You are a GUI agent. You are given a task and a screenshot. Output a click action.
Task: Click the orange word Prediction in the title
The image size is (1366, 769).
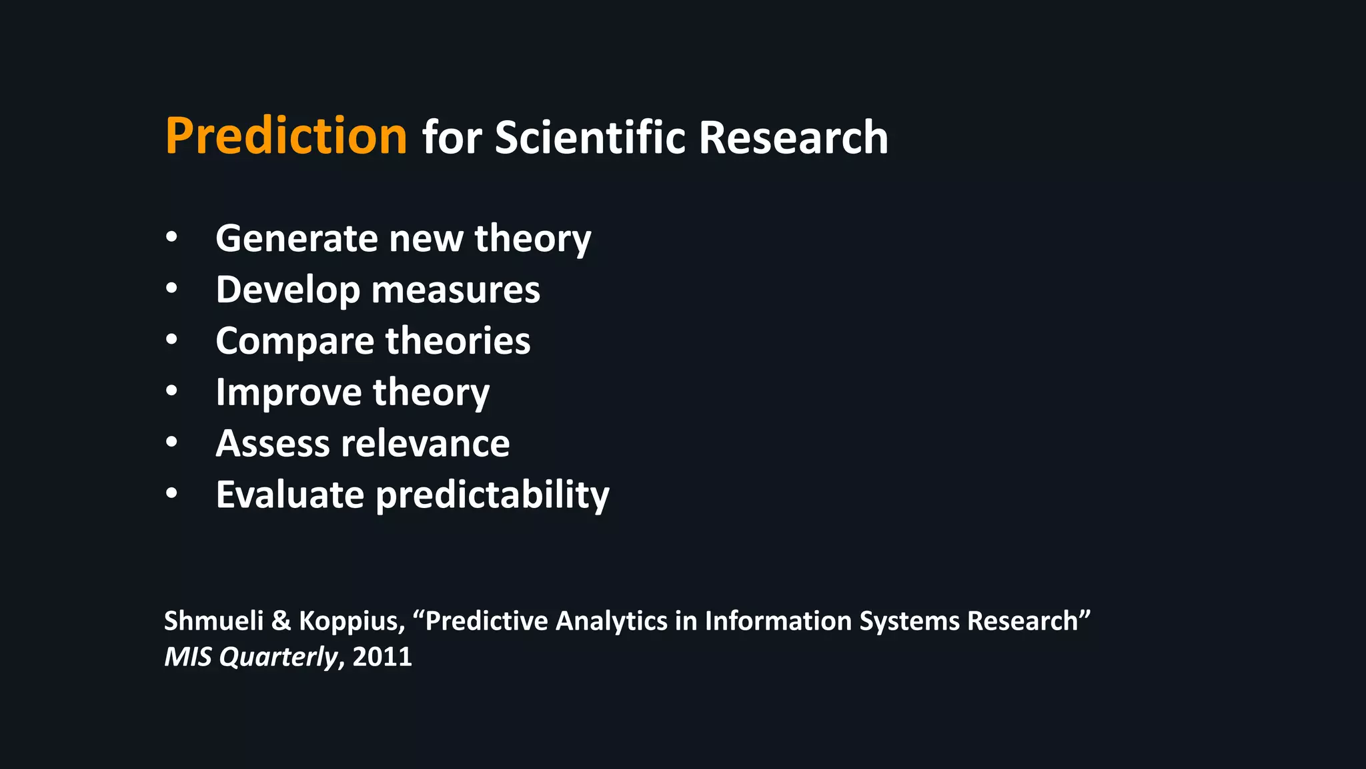pyautogui.click(x=285, y=136)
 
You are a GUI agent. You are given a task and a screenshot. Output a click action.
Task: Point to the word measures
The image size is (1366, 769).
pyautogui.click(x=456, y=290)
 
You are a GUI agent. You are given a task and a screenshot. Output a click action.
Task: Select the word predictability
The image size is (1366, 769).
pyautogui.click(x=492, y=495)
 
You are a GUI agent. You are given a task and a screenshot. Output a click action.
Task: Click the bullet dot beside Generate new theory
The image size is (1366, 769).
pyautogui.click(x=172, y=238)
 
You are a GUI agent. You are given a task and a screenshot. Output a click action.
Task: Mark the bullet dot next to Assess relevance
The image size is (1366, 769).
pyautogui.click(x=172, y=443)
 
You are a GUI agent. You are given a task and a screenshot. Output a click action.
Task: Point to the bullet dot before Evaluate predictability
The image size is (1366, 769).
pyautogui.click(x=172, y=494)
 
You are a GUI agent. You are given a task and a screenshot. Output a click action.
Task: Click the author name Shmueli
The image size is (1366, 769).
pyautogui.click(x=214, y=621)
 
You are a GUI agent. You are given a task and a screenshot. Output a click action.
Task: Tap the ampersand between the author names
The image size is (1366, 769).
pyautogui.click(x=281, y=621)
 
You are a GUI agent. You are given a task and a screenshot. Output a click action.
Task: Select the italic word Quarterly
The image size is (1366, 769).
pyautogui.click(x=278, y=657)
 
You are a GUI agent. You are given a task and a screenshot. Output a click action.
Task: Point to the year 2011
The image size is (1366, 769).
pyautogui.click(x=382, y=657)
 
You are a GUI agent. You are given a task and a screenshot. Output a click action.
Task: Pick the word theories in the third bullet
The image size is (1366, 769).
pyautogui.click(x=458, y=341)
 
